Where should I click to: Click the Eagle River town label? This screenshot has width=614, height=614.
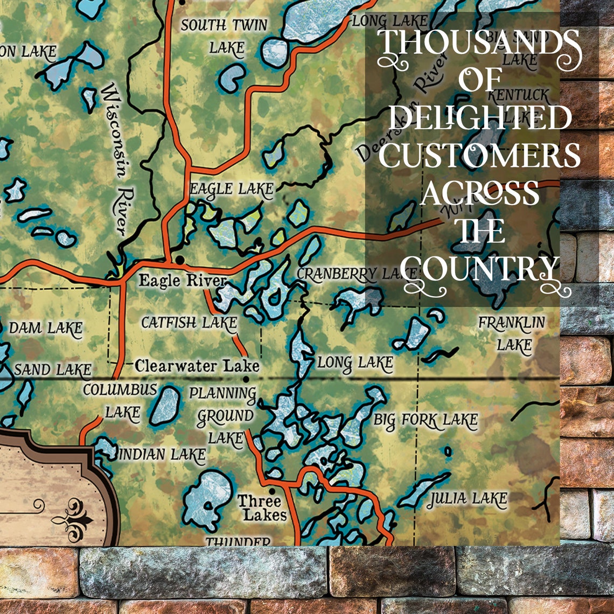point(182,281)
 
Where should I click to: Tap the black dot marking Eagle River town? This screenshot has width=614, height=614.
point(179,260)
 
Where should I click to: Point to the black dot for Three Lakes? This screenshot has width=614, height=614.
point(271,491)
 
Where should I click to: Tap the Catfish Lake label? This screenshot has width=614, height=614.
point(189,323)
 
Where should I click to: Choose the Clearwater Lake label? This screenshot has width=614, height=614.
point(197,366)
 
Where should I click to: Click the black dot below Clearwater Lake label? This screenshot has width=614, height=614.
point(246,379)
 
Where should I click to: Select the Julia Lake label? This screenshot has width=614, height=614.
point(466,500)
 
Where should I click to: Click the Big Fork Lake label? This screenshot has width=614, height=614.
point(425,420)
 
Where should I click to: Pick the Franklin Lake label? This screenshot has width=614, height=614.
point(512,334)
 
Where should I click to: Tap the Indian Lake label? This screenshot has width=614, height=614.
point(162,455)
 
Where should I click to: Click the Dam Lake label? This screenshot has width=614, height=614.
point(46,327)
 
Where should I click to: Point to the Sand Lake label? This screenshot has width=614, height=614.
point(52,370)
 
